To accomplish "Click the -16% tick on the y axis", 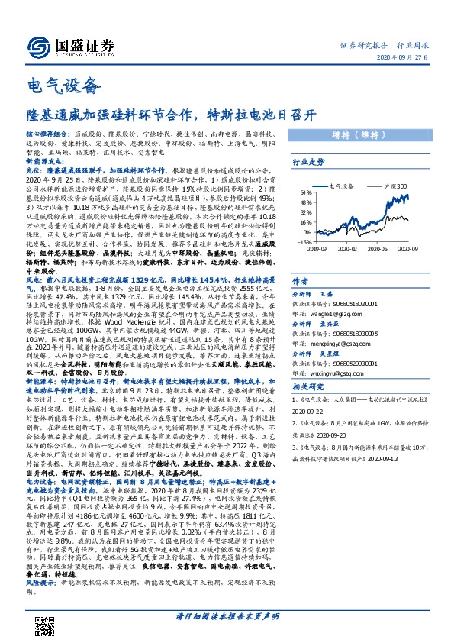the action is [304, 241].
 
